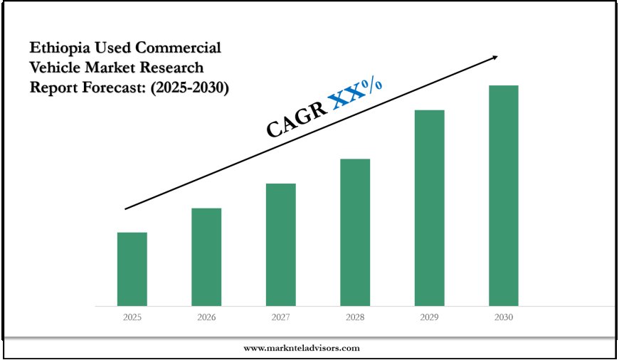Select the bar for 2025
tap(132, 269)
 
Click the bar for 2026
tap(206, 257)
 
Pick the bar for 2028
tap(355, 232)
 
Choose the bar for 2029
tap(429, 208)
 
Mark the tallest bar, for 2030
tap(503, 196)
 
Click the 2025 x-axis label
tap(132, 317)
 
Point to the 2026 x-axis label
tap(206, 317)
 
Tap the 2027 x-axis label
tap(280, 317)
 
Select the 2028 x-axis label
tap(355, 317)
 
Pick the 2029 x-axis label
tap(429, 317)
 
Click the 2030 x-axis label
tap(503, 317)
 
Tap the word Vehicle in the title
tap(55, 68)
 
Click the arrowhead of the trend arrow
tap(494, 57)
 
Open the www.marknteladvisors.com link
tap(302, 348)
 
